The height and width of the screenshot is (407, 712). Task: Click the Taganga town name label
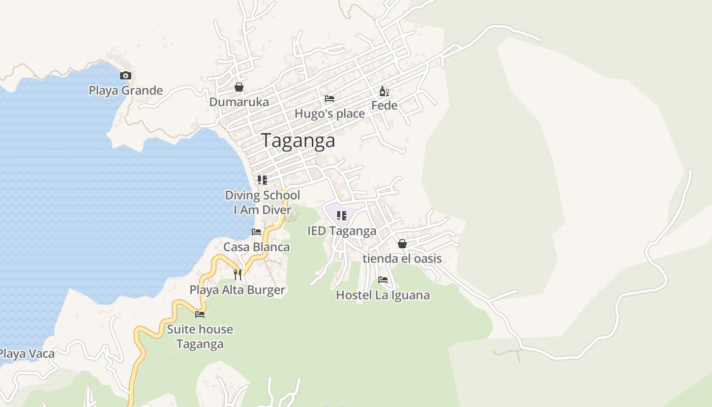coord(298,141)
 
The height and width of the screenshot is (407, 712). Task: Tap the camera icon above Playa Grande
coord(125,76)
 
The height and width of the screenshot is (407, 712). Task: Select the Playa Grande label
coord(126,91)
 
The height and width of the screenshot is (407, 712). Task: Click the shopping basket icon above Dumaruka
coord(239,87)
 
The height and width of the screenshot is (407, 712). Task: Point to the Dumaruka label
coord(239,102)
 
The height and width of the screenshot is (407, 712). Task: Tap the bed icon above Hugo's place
coord(330,98)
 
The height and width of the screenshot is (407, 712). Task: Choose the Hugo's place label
coord(330,113)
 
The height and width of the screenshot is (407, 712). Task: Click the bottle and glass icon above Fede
coord(384,92)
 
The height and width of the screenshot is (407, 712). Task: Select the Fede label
coord(384,106)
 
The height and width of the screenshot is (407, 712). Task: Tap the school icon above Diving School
coord(262,180)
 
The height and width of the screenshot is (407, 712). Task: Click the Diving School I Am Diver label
coord(262,202)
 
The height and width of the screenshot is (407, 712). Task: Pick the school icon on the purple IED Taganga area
coord(342,215)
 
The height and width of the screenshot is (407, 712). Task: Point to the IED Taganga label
coord(342,231)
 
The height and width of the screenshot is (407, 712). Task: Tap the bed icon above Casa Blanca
coord(256,232)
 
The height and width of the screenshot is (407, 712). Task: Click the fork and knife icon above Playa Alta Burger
coord(238,275)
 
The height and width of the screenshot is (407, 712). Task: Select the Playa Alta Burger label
coord(238,290)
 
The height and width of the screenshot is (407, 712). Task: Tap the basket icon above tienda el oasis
coord(402,244)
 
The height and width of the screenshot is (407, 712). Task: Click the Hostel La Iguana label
coord(383,295)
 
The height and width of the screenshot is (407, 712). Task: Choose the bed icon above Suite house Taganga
coord(200,314)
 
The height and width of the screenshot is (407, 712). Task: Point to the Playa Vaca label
coord(26,354)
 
